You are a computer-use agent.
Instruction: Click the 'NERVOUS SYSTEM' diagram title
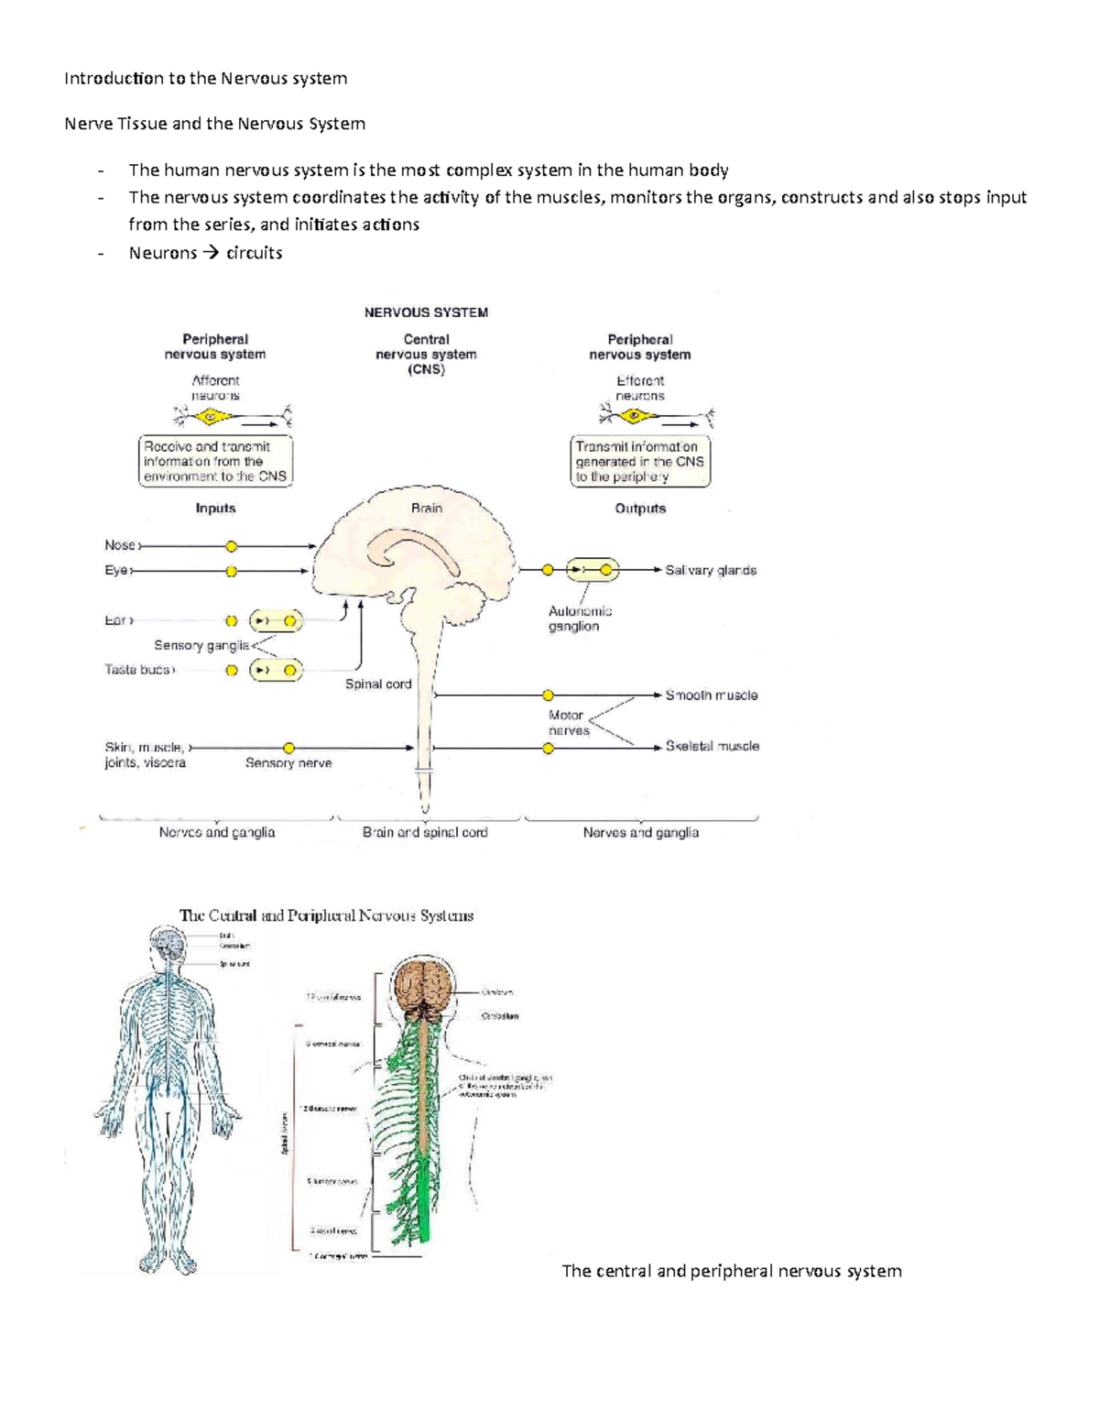tap(426, 312)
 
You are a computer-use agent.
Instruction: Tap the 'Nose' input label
tap(120, 545)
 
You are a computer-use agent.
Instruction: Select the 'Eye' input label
tap(116, 571)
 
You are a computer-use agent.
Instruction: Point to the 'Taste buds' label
tap(137, 670)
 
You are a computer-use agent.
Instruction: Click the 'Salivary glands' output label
tap(711, 570)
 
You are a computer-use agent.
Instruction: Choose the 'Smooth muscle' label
tap(712, 695)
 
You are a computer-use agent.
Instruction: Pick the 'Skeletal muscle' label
tap(712, 747)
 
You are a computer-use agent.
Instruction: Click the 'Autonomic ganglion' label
tap(580, 619)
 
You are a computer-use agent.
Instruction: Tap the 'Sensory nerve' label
tap(288, 763)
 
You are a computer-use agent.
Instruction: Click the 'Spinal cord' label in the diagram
tap(378, 684)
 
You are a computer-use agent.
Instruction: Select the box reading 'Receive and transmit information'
tap(215, 462)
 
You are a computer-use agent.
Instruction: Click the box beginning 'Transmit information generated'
tap(640, 462)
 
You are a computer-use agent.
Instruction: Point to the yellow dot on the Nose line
tap(232, 547)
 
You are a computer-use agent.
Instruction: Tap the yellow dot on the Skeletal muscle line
tap(548, 749)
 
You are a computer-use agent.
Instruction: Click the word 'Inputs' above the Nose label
tap(215, 509)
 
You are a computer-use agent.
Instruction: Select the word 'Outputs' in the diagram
tap(640, 509)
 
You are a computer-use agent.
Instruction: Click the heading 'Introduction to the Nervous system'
tap(205, 78)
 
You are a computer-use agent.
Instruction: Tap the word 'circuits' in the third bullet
tap(254, 253)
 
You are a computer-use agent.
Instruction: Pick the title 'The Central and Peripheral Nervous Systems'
tap(326, 915)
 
